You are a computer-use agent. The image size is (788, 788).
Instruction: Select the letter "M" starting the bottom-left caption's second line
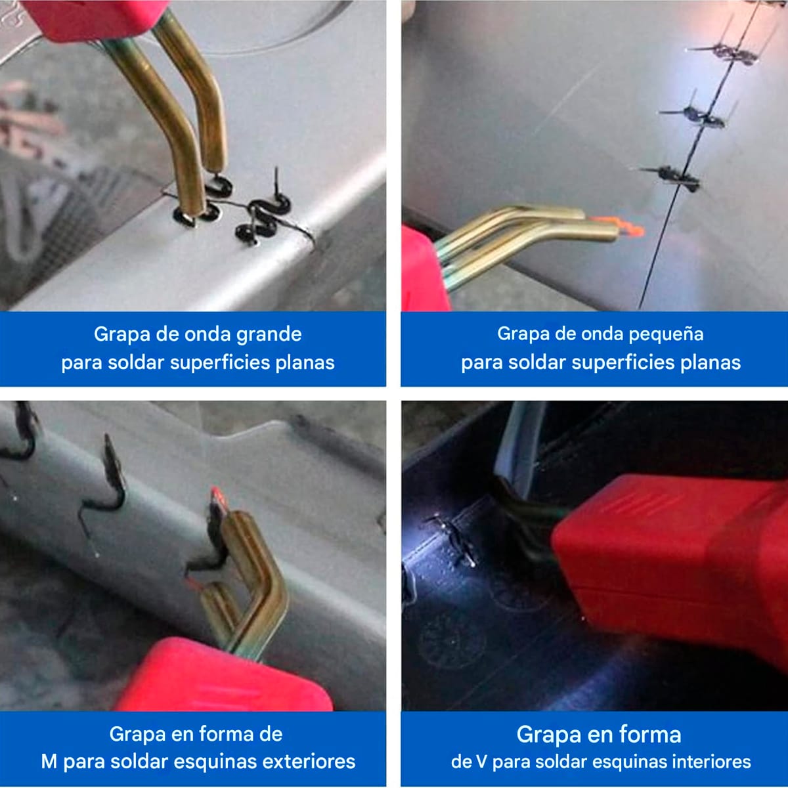[49, 762]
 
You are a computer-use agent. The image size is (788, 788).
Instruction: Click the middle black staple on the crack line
[699, 117]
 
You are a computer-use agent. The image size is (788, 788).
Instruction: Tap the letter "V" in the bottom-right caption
[483, 762]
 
